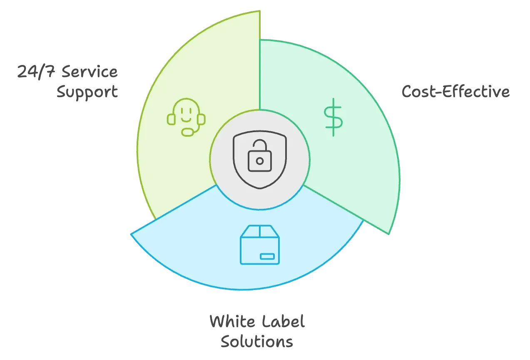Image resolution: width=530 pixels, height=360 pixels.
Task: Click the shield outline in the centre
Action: (260, 160)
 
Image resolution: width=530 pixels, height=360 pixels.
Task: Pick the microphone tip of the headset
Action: (188, 132)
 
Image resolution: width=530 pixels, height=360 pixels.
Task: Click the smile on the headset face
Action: (186, 118)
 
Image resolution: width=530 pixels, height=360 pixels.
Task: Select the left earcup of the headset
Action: (171, 119)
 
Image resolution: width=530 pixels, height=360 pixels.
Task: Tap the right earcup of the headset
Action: (202, 119)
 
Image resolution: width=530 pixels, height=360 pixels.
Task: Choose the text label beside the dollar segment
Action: (455, 92)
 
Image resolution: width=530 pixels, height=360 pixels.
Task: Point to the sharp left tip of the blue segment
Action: (132, 235)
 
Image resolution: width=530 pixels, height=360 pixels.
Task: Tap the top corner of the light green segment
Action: (259, 12)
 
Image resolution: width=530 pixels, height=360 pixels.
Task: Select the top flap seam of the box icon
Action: (260, 231)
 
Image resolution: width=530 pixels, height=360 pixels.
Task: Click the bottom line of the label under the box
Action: (256, 342)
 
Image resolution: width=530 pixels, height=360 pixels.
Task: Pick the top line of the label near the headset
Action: (68, 72)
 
